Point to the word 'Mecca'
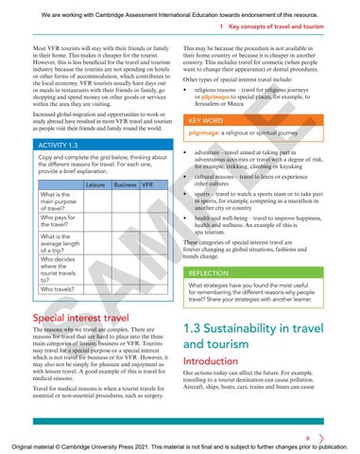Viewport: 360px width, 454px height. coord(249,106)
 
